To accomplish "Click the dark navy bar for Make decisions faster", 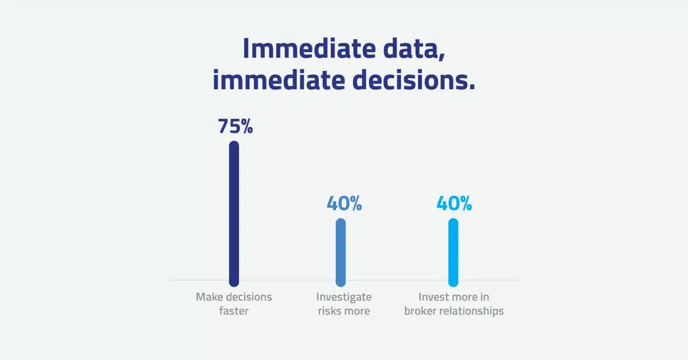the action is click(234, 214).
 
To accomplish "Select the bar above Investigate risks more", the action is click(341, 252).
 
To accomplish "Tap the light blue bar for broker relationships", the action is click(453, 252).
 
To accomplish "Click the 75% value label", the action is click(235, 126).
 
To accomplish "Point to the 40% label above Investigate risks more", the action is click(344, 204).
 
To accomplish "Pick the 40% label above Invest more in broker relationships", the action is click(454, 204).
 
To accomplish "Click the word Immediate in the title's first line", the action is click(309, 49).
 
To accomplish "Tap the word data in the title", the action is click(411, 49).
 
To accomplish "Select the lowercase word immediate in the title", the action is click(279, 80).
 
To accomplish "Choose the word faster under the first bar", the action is click(234, 311).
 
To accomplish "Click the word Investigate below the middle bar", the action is click(344, 297).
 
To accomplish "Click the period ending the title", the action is click(472, 87).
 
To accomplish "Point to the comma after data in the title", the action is click(442, 57).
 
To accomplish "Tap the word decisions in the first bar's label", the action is click(249, 297).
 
